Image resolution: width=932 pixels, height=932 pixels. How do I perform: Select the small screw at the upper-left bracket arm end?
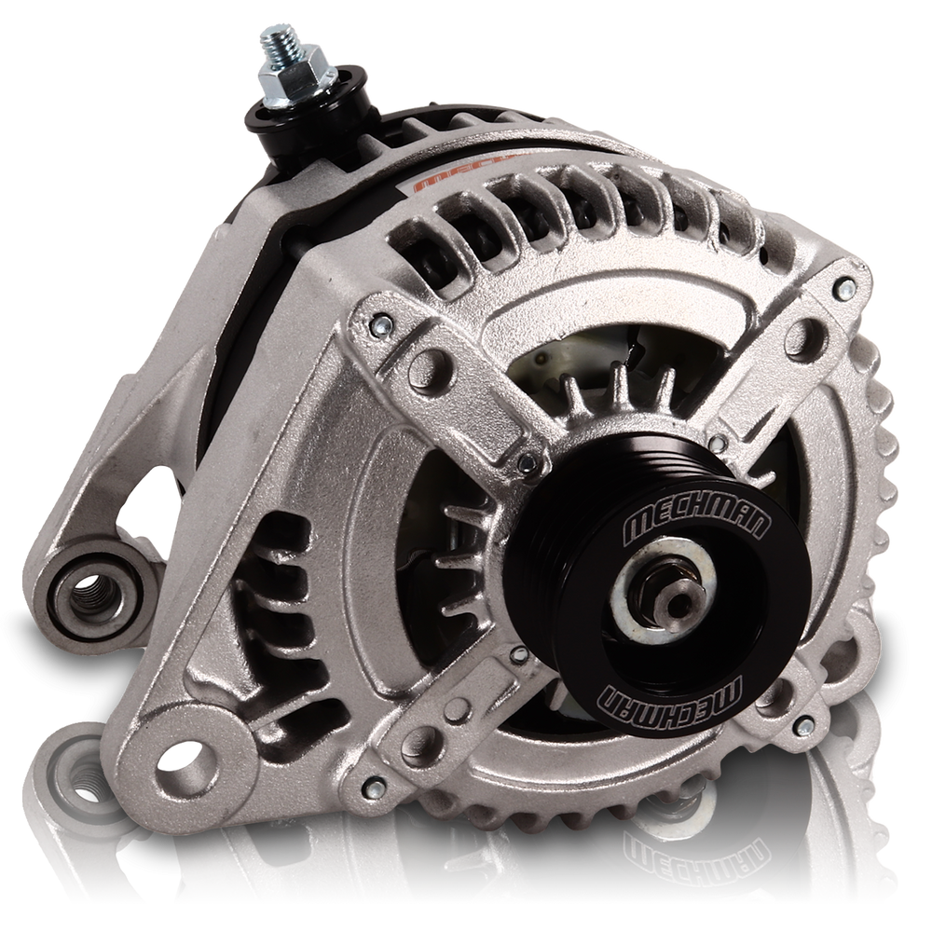(x=381, y=323)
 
